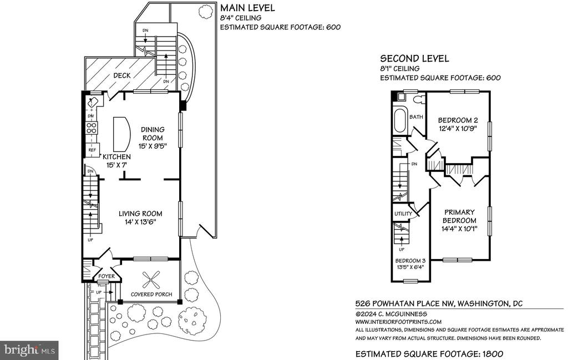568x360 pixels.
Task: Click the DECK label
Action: (x=121, y=75)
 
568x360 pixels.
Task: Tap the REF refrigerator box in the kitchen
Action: (x=92, y=150)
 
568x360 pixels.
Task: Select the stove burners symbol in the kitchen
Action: (x=92, y=128)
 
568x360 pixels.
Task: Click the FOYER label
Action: (x=106, y=276)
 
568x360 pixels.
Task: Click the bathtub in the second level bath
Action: (x=400, y=120)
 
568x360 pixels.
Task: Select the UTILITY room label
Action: (x=403, y=214)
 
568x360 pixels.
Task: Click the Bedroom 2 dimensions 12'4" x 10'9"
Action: (x=458, y=129)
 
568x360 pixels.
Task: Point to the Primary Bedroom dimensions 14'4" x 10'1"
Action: (x=459, y=229)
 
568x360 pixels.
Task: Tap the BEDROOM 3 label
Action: (x=410, y=261)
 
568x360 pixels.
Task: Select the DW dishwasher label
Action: (x=90, y=116)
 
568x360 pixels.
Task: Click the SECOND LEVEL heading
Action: (x=414, y=59)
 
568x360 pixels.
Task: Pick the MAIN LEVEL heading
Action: (x=247, y=8)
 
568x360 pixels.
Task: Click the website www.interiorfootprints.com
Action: (x=398, y=322)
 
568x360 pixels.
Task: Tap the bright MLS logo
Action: (x=29, y=350)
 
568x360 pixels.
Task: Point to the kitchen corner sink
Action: (x=93, y=101)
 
